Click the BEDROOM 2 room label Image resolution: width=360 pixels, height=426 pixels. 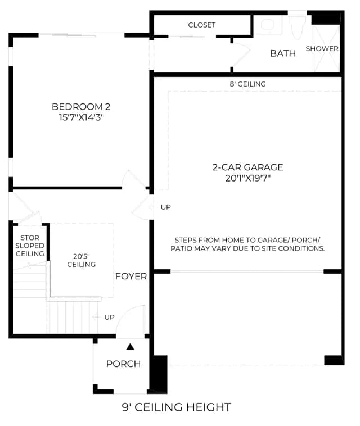pyautogui.click(x=81, y=107)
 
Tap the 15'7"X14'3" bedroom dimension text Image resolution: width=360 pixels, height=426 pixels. pyautogui.click(x=82, y=117)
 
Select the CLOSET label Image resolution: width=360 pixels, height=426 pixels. pyautogui.click(x=202, y=25)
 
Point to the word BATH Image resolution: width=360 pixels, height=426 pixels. pyautogui.click(x=283, y=53)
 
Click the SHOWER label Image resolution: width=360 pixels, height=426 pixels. pyautogui.click(x=322, y=49)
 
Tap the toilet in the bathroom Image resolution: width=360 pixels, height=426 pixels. pyautogui.click(x=297, y=27)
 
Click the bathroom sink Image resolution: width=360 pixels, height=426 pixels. pyautogui.click(x=268, y=25)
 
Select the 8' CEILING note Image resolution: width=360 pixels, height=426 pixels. pyautogui.click(x=247, y=84)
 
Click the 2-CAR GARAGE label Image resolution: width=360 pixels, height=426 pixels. pyautogui.click(x=247, y=167)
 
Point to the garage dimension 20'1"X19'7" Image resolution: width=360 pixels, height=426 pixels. pyautogui.click(x=247, y=178)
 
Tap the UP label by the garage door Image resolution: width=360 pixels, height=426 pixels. pyautogui.click(x=166, y=207)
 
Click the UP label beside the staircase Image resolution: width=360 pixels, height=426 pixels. pyautogui.click(x=109, y=317)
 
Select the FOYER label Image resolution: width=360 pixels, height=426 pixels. pyautogui.click(x=131, y=277)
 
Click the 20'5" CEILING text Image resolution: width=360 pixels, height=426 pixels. pyautogui.click(x=82, y=260)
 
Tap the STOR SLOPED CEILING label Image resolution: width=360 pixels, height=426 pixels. pyautogui.click(x=30, y=246)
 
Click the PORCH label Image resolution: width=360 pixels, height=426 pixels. pyautogui.click(x=123, y=364)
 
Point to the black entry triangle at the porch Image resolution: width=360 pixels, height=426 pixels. pyautogui.click(x=130, y=347)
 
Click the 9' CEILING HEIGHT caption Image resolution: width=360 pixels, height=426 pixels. pyautogui.click(x=177, y=407)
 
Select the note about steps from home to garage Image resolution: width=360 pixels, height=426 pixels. pyautogui.click(x=247, y=244)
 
